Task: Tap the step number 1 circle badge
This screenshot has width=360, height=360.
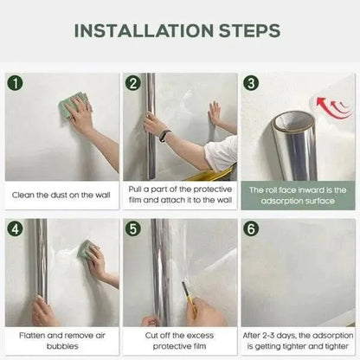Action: (16, 84)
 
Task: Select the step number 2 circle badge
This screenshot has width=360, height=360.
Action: (133, 84)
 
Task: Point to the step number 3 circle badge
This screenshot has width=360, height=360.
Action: (252, 84)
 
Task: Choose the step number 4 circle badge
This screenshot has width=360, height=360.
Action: (16, 231)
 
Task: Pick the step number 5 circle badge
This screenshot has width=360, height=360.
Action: (133, 231)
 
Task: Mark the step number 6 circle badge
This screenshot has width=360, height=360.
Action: (252, 231)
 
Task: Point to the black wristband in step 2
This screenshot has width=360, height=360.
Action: (164, 135)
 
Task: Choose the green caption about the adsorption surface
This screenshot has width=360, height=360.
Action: (298, 194)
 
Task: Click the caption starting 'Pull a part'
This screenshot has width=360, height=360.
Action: (180, 194)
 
